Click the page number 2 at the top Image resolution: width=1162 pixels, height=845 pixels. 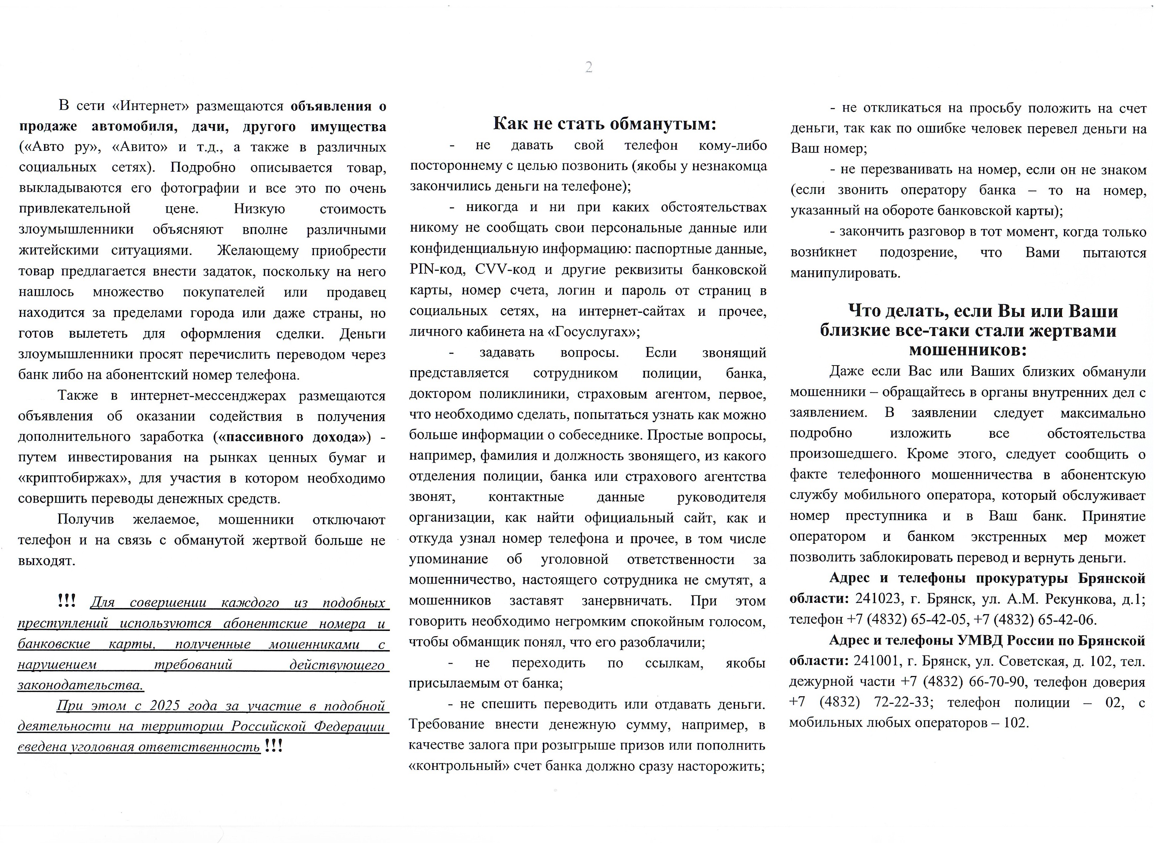pyautogui.click(x=589, y=67)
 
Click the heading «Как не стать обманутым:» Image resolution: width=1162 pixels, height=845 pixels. pyautogui.click(x=605, y=124)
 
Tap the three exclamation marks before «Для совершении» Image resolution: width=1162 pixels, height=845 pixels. pyautogui.click(x=67, y=600)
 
